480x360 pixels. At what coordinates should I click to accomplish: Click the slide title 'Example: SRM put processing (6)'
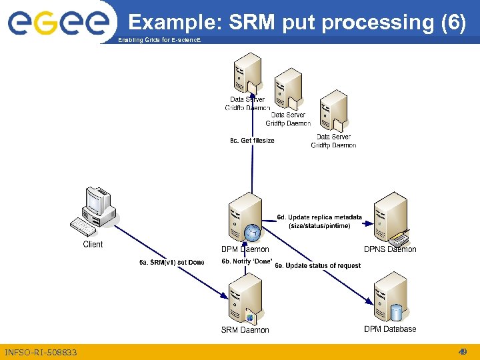tap(297, 23)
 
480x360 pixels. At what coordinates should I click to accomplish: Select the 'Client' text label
tap(93, 245)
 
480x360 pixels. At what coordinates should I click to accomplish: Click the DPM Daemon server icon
tap(245, 219)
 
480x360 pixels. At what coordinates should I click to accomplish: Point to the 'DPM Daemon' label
tap(245, 250)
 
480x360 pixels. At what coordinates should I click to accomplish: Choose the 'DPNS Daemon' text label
tap(390, 249)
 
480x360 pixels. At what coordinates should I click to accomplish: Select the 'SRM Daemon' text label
tap(245, 330)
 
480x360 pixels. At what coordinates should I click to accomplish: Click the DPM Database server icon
tap(391, 298)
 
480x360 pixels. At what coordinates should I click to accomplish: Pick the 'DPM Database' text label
tap(390, 329)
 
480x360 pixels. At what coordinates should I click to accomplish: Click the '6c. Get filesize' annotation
tap(252, 141)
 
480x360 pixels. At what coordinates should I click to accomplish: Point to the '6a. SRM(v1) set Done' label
tap(172, 263)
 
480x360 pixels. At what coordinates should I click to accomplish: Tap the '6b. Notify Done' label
tap(247, 262)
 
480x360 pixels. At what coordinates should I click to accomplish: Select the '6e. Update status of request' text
tap(317, 266)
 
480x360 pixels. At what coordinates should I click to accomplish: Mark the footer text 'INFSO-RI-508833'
tap(41, 352)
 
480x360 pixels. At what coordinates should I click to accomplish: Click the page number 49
tap(462, 352)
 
